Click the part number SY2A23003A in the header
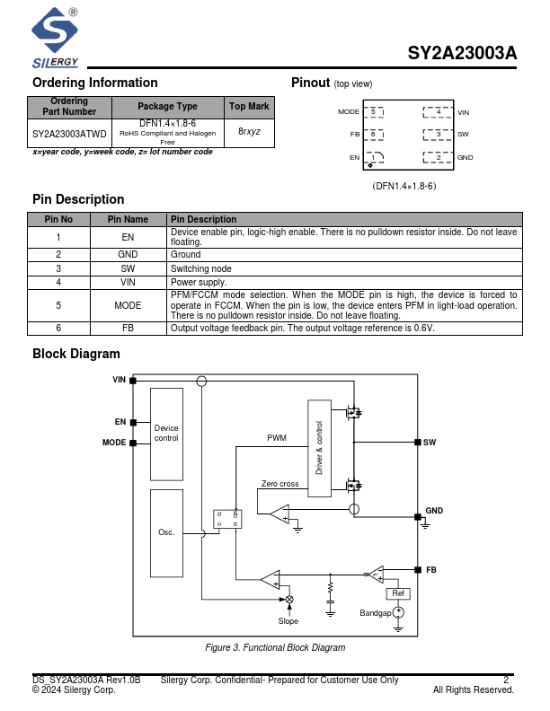(462, 53)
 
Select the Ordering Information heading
(94, 83)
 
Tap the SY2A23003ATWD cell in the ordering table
(69, 134)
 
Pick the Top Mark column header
(249, 106)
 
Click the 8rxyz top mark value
(249, 131)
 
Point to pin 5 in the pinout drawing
(373, 112)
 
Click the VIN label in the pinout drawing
(464, 112)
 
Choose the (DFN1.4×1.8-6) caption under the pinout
(404, 186)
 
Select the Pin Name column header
(128, 219)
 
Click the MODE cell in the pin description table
(128, 305)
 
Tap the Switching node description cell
(344, 268)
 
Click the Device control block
(166, 434)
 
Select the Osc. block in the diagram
(166, 532)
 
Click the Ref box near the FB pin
(398, 593)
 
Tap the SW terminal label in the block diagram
(430, 443)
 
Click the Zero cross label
(279, 484)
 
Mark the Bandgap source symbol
(398, 612)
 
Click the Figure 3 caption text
(275, 647)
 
